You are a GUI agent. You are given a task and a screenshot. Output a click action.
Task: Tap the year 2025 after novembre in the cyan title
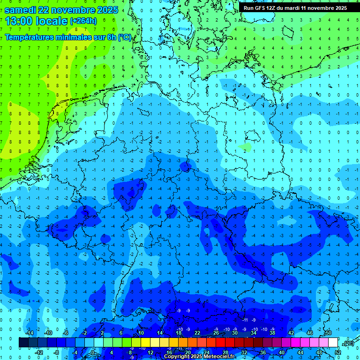(x=105, y=10)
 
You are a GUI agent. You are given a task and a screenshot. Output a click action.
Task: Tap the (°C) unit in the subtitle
(x=125, y=37)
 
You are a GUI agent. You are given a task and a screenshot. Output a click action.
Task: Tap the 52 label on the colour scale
(x=338, y=352)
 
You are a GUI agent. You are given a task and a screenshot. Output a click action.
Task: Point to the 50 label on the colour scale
(x=329, y=333)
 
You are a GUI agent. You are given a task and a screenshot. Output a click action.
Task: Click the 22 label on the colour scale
(x=197, y=333)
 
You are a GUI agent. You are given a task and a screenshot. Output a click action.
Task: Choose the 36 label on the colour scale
(x=263, y=352)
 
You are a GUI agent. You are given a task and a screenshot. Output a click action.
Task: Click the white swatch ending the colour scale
(x=333, y=343)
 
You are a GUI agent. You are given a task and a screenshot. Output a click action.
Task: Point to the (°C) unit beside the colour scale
(x=348, y=343)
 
